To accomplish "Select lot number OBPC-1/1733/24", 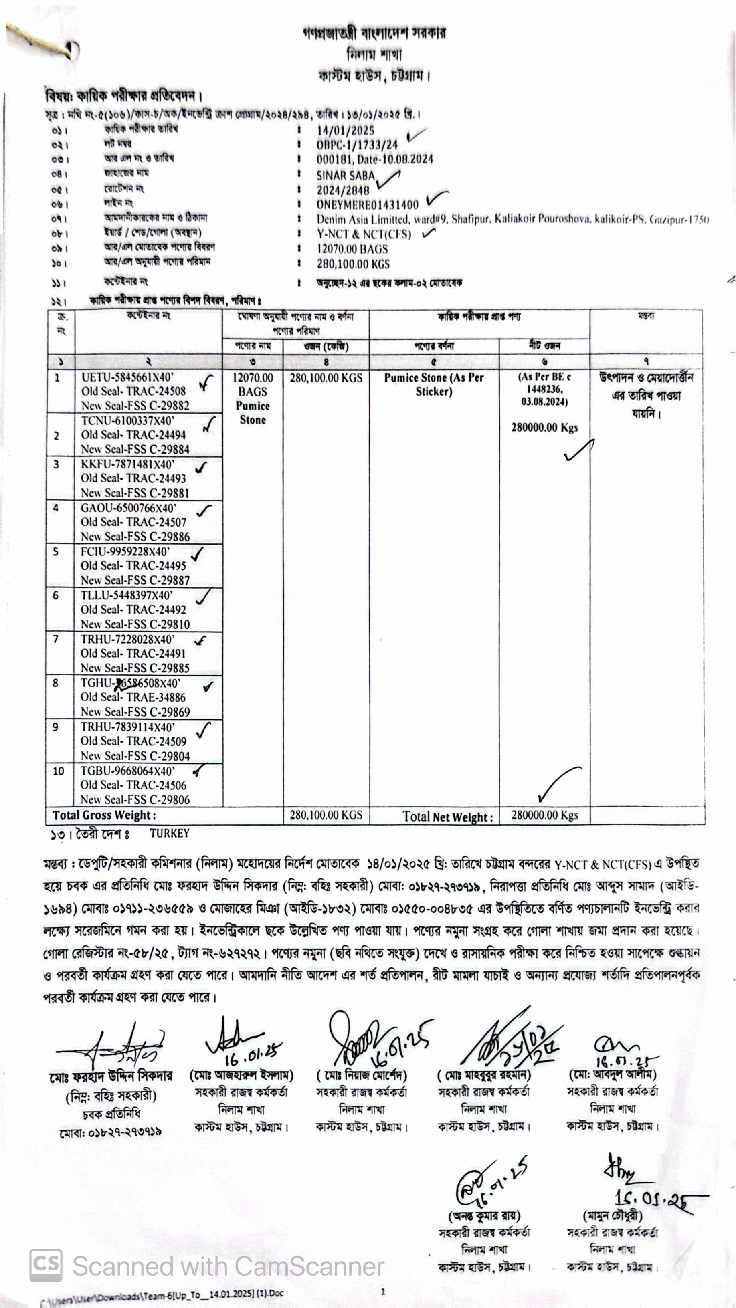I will click(357, 145).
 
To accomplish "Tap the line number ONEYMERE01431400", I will click(367, 205).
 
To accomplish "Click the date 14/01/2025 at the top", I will click(346, 131).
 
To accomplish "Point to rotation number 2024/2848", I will click(343, 190).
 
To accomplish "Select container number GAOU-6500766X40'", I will click(129, 508).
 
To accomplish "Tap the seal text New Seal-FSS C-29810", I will click(135, 624).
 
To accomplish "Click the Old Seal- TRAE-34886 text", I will click(133, 697).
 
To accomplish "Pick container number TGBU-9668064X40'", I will click(127, 771).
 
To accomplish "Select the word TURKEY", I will click(169, 833).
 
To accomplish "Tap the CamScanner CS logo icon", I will click(46, 1265).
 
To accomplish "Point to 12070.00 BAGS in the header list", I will click(352, 249).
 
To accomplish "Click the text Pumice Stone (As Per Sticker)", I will click(433, 384).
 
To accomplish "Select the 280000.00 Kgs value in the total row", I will click(544, 815).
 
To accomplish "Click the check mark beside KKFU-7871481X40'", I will click(202, 467).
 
